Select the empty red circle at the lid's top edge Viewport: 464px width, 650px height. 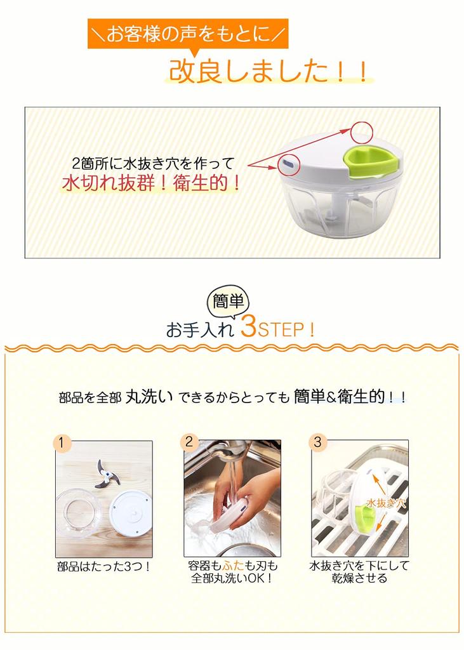pyautogui.click(x=362, y=133)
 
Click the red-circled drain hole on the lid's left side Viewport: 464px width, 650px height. pyautogui.click(x=289, y=164)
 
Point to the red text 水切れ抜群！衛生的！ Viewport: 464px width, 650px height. pyautogui.click(x=152, y=183)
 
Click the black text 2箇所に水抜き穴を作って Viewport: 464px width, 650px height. pyautogui.click(x=154, y=163)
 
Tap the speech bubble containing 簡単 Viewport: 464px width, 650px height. pyautogui.click(x=228, y=301)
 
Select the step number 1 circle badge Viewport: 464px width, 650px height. pyautogui.click(x=62, y=442)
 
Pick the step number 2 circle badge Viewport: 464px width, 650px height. pyautogui.click(x=189, y=442)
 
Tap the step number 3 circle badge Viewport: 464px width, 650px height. pyautogui.click(x=317, y=442)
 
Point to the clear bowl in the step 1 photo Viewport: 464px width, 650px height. pyautogui.click(x=77, y=512)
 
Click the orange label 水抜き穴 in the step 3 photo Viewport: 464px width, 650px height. pyautogui.click(x=386, y=503)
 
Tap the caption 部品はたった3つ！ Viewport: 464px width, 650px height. pyautogui.click(x=104, y=567)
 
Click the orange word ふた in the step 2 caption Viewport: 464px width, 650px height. pyautogui.click(x=233, y=566)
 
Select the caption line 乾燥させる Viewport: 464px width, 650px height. pyautogui.click(x=359, y=578)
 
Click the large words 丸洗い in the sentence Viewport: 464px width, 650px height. pyautogui.click(x=149, y=397)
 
